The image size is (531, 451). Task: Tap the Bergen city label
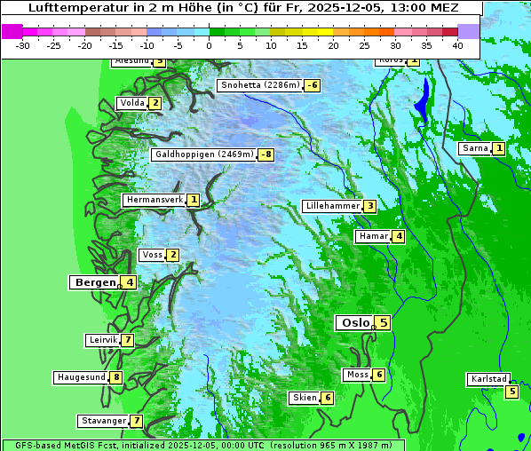[x=93, y=282]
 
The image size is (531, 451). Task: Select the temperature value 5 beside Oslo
[x=383, y=323]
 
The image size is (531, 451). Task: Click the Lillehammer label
[x=332, y=206]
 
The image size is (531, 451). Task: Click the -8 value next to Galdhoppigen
[x=265, y=154]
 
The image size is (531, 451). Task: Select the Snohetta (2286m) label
[x=259, y=85]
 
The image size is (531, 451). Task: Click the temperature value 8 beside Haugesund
[x=116, y=377]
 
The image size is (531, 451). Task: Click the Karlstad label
[x=488, y=379]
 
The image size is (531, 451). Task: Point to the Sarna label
[x=474, y=148]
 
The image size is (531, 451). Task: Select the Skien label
[x=304, y=398]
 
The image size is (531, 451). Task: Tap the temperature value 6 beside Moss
[x=378, y=376]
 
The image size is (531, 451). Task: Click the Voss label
[x=152, y=255]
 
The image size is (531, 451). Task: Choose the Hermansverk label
[x=155, y=201]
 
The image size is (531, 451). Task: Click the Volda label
[x=131, y=103]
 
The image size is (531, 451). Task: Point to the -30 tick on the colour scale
[x=23, y=44]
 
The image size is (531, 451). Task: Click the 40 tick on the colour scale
[x=457, y=44]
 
